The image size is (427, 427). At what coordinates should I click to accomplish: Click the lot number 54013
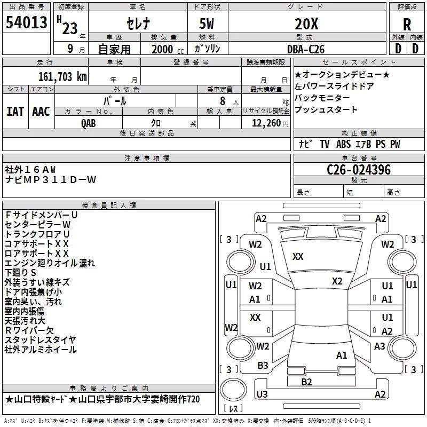coord(26,22)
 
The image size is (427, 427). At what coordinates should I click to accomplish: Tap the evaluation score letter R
coord(407,23)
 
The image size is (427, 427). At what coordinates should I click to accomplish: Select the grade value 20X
coord(306,23)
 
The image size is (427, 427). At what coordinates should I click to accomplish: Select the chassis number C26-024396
coord(359,170)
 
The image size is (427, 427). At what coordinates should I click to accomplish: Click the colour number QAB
coord(89,123)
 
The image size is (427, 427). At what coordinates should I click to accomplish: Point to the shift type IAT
coord(15,112)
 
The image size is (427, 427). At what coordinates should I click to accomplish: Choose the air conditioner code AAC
coord(41,112)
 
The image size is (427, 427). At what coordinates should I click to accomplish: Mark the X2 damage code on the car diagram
coord(337,281)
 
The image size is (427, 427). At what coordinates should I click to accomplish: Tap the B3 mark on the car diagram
coord(263,365)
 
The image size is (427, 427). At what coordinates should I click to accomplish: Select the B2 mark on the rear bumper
coord(306,382)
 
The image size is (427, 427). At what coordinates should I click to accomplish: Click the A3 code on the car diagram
coord(379,346)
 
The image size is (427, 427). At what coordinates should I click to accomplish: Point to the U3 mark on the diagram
coord(262,394)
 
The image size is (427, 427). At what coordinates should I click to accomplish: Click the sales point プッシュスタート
coord(326,109)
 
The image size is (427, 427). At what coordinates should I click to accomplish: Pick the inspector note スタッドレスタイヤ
coord(41,340)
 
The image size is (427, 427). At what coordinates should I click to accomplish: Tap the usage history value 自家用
coord(114,49)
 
